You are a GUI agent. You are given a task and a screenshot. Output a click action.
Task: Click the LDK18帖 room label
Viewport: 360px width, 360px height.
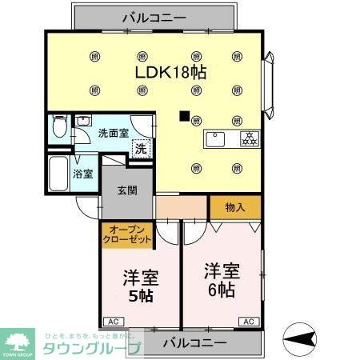171,71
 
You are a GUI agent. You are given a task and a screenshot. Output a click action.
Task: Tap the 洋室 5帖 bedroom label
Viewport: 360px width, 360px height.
140,286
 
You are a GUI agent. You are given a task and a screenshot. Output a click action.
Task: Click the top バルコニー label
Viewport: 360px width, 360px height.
155,16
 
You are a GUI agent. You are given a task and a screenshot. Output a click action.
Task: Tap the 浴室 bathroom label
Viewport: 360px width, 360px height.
83,173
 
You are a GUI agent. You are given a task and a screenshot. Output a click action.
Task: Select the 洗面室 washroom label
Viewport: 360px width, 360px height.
112,134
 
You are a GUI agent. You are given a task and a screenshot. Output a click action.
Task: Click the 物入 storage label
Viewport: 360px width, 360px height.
234,207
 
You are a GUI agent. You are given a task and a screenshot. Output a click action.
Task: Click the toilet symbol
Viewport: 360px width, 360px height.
58,129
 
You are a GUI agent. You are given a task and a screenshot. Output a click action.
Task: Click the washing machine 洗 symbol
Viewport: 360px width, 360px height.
141,148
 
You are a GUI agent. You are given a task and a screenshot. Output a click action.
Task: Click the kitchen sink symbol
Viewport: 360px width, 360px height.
217,139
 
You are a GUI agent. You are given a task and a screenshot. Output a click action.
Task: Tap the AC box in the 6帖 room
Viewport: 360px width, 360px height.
247,321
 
